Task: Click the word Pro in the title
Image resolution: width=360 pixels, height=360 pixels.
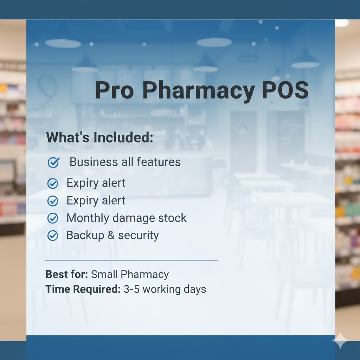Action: [115, 90]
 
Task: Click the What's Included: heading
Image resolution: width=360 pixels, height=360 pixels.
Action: [100, 137]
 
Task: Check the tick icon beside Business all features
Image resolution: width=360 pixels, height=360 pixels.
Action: [53, 162]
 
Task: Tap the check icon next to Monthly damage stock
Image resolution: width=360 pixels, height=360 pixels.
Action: [53, 218]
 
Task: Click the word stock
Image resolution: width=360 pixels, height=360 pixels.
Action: [172, 218]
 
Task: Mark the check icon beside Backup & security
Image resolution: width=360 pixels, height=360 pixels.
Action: [53, 236]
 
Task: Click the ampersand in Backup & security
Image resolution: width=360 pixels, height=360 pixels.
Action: [111, 235]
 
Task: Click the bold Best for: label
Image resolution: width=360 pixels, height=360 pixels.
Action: [67, 274]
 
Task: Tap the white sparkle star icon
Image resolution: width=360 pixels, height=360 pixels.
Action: [341, 340]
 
